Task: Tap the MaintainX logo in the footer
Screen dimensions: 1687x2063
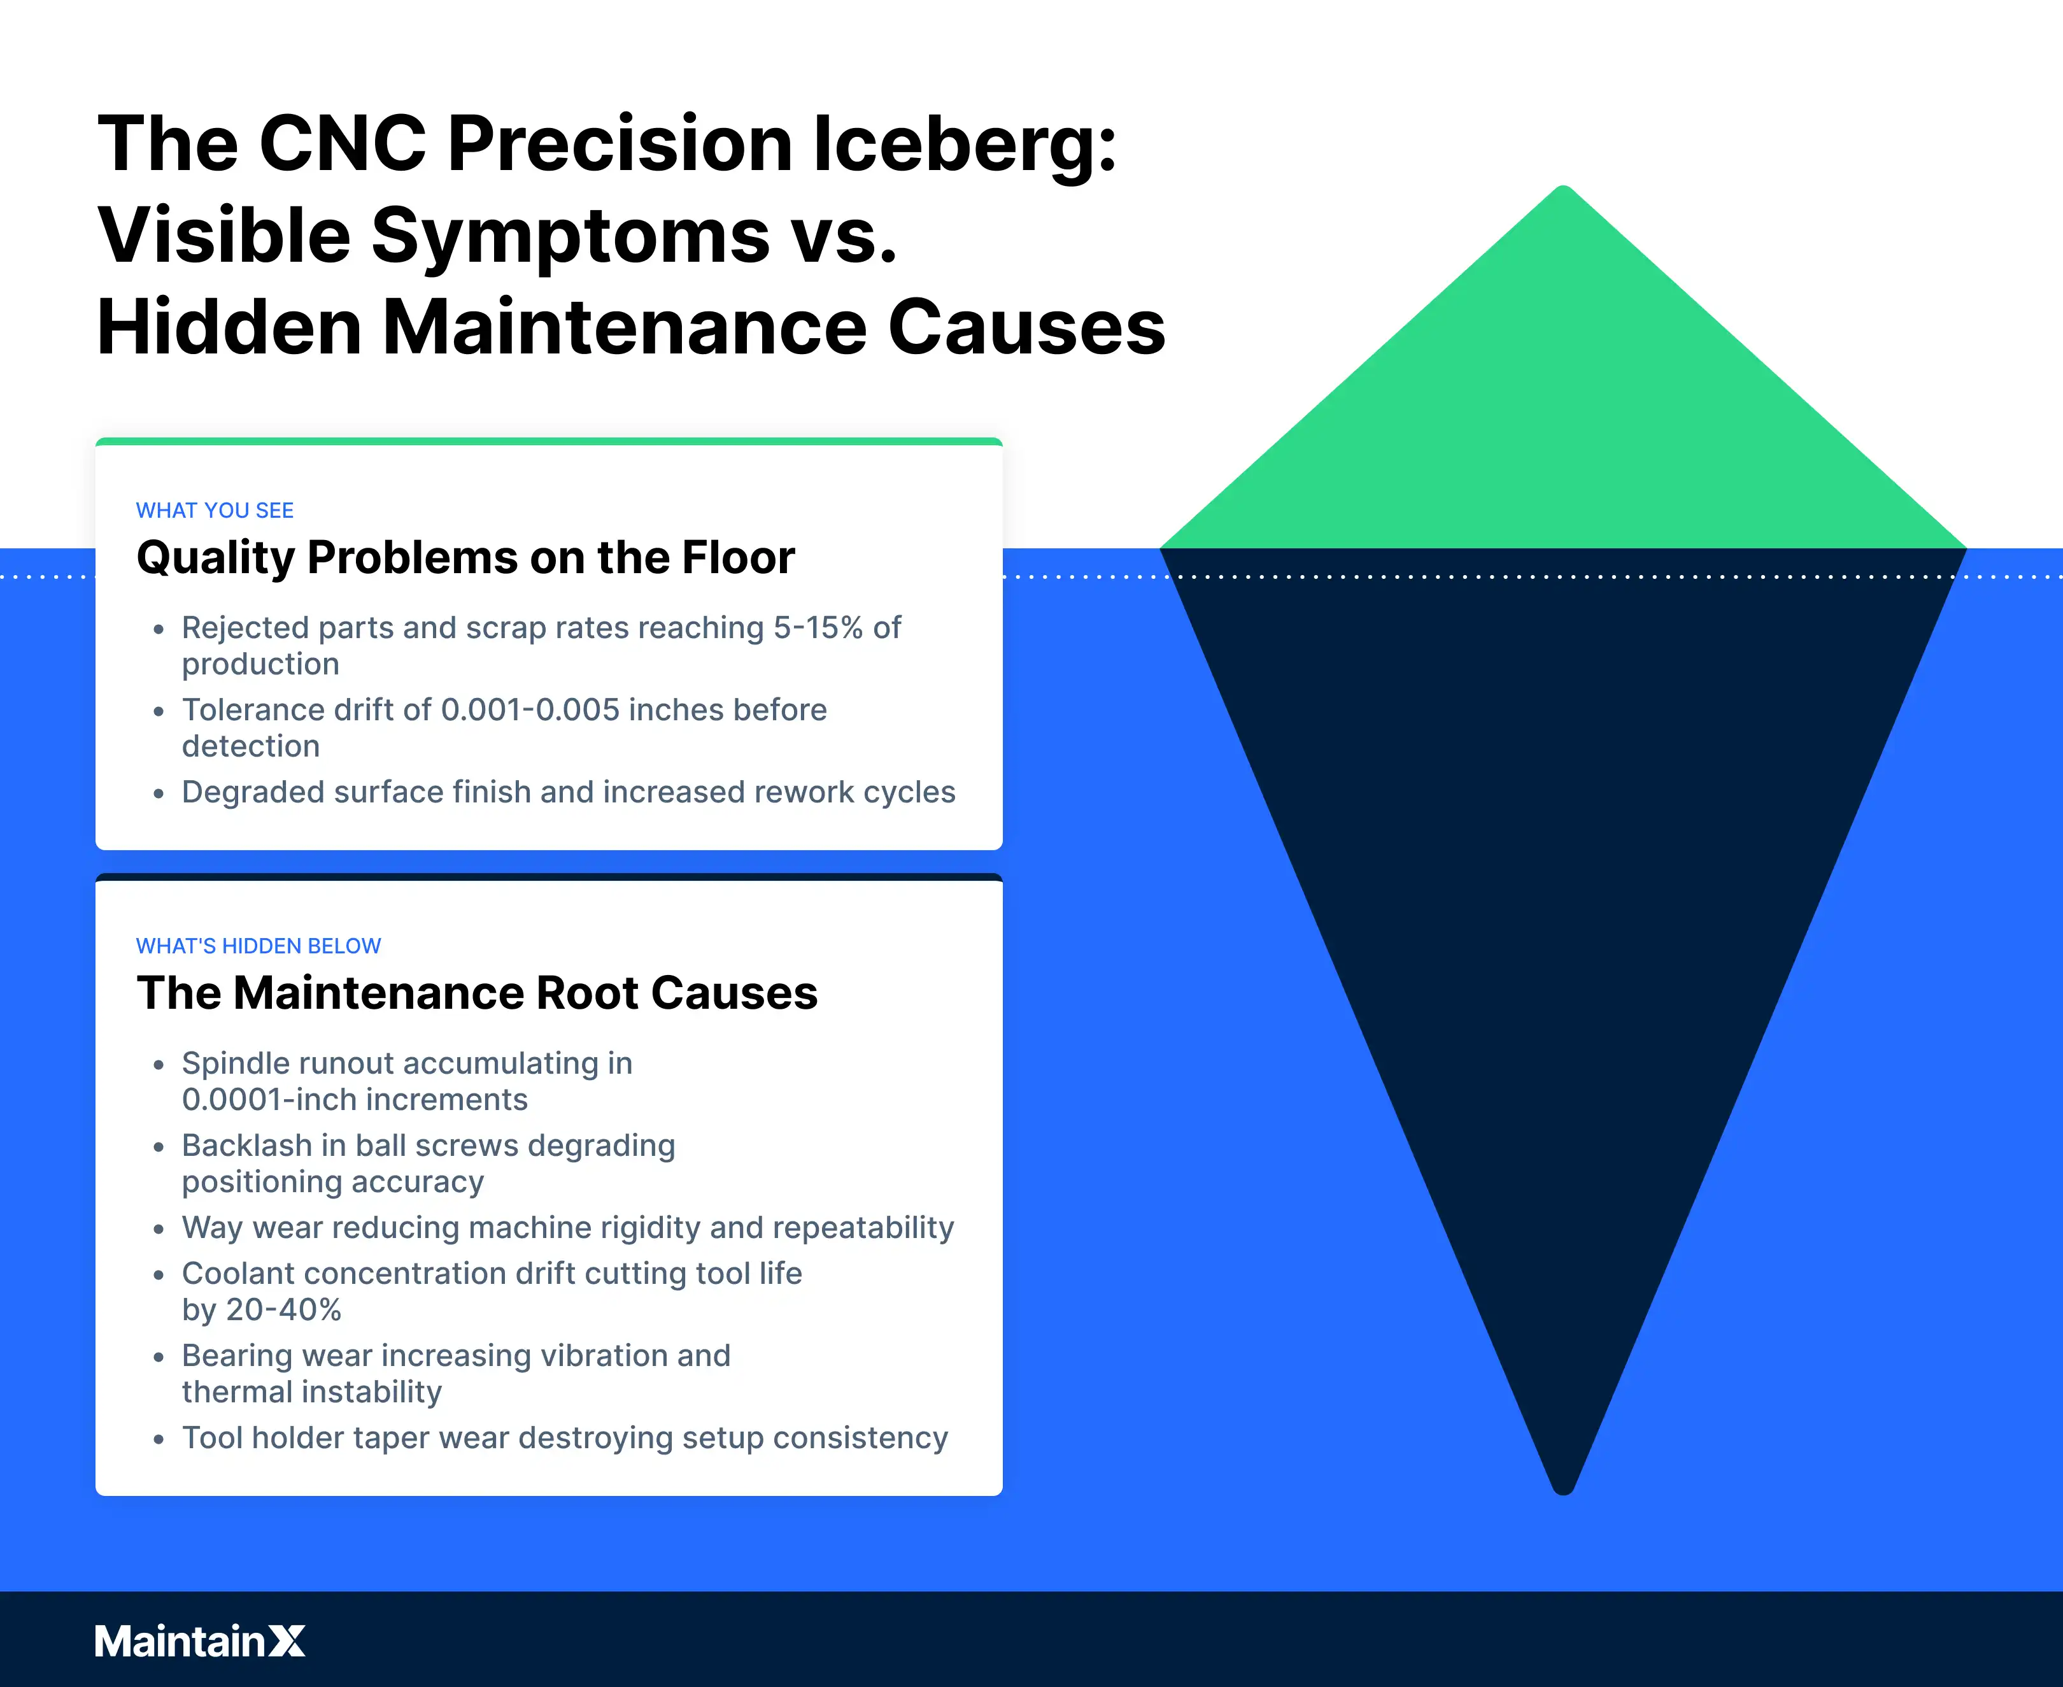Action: coord(200,1641)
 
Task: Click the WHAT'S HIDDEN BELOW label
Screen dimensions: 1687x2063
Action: coord(259,946)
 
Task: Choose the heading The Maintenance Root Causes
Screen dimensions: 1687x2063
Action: coord(477,993)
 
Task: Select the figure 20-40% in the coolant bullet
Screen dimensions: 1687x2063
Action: coord(284,1310)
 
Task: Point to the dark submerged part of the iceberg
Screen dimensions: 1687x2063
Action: coord(1564,874)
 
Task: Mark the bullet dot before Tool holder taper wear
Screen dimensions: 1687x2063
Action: coord(159,1439)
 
